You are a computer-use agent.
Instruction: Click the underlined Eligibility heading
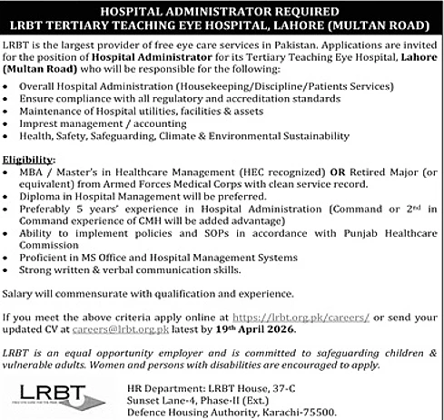[27, 159]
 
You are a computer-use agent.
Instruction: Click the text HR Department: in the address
[158, 385]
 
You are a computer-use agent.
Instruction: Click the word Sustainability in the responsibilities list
[313, 136]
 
